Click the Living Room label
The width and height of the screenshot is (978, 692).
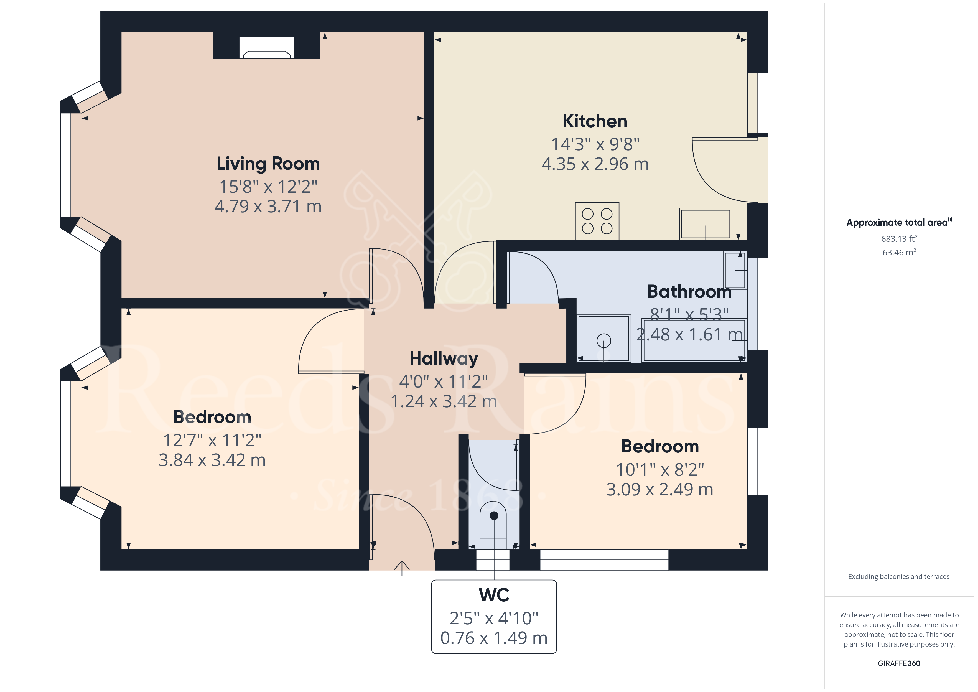pos(268,164)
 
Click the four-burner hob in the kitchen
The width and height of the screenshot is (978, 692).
pos(597,221)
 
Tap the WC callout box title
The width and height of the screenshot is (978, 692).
pos(494,595)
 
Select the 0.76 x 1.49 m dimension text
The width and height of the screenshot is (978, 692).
pos(494,638)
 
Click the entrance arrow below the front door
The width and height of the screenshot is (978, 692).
pos(402,568)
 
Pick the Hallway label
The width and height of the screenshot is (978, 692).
pos(444,358)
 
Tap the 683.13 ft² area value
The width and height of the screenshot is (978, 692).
pos(899,239)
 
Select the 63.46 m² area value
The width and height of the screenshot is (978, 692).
pos(899,252)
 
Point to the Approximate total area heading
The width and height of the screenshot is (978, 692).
pos(898,222)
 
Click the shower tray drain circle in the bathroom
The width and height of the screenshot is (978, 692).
pos(603,340)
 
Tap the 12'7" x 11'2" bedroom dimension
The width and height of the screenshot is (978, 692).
pos(212,440)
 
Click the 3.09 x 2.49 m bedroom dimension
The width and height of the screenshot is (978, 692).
pos(659,490)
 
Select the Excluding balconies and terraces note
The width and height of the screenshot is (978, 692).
pos(898,576)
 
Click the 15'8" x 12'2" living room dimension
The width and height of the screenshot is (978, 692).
pos(268,187)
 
